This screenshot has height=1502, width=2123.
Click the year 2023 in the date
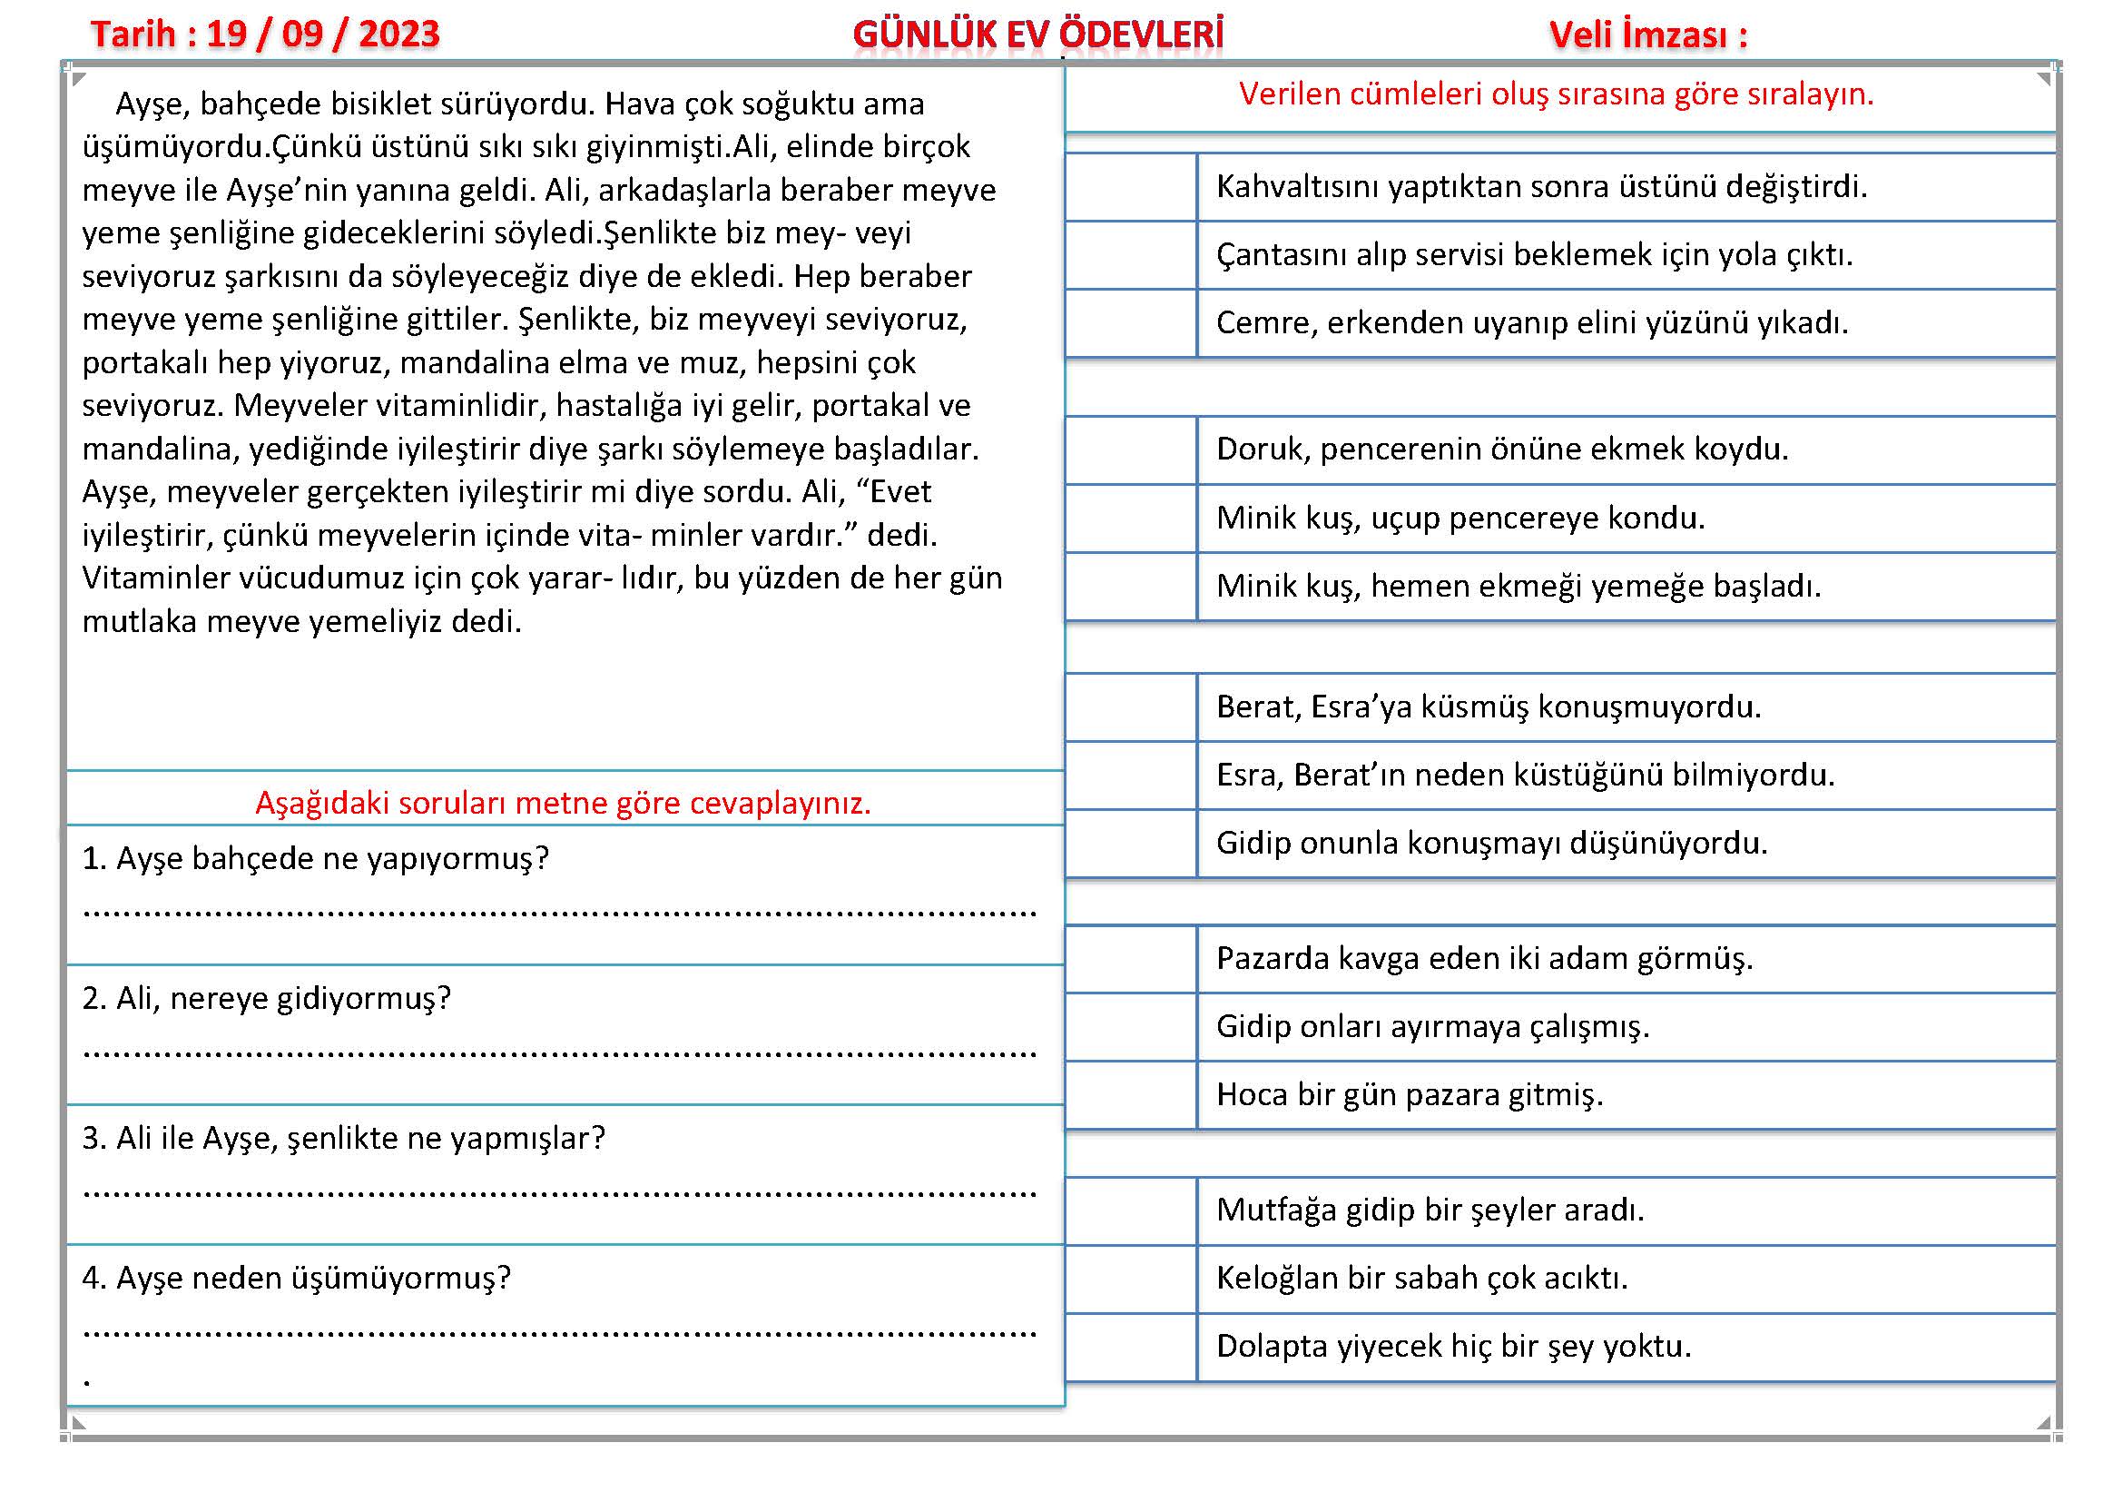point(398,35)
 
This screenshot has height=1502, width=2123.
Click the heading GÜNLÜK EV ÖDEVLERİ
point(1037,35)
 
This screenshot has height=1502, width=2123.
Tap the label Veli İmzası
point(1647,35)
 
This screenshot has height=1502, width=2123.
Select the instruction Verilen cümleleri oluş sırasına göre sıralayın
point(1557,94)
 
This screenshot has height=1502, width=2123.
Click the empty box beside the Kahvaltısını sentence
point(1131,187)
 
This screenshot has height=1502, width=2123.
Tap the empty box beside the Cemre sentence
point(1131,322)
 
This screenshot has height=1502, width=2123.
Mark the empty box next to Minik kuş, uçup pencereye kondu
point(1131,518)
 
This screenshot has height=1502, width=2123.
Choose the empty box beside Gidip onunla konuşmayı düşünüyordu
point(1131,844)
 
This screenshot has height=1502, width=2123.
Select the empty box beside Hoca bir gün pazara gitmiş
point(1131,1095)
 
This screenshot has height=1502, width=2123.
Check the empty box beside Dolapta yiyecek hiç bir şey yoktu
point(1131,1347)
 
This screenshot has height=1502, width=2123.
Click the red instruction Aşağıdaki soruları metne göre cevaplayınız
point(563,803)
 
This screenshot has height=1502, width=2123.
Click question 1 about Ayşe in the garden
point(315,859)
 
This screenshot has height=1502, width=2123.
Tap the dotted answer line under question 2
point(559,1053)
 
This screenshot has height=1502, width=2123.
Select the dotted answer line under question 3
point(559,1193)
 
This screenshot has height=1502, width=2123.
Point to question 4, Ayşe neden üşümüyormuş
point(296,1279)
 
